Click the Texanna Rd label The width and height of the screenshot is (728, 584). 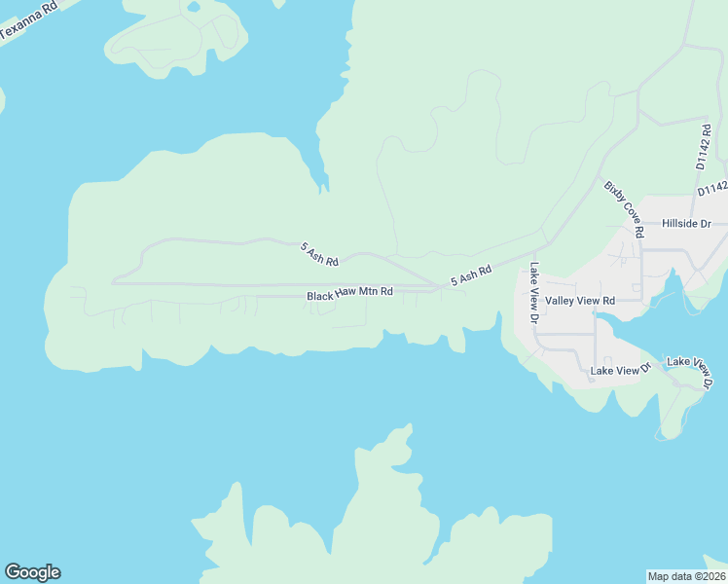point(27,20)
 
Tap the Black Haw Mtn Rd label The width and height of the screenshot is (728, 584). point(350,293)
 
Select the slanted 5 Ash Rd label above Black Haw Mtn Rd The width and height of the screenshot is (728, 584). point(318,254)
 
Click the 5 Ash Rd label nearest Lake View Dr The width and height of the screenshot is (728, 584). point(471,275)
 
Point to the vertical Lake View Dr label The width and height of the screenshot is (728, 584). point(534,293)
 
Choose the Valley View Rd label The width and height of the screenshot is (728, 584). point(580,301)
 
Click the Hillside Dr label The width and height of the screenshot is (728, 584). point(686,224)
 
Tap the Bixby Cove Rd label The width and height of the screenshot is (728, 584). point(624,209)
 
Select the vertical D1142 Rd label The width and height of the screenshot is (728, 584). point(706,147)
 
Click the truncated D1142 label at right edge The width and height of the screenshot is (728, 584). point(711,190)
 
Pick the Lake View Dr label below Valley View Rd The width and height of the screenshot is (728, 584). point(620,371)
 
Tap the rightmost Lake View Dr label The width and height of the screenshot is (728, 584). point(690,371)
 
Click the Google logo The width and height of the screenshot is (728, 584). point(32,572)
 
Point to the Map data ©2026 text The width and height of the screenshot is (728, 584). point(686,575)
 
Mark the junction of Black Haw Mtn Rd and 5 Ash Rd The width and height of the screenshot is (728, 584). point(436,288)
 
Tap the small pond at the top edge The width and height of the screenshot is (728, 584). point(194,6)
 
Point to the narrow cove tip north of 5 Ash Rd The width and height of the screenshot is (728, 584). point(324,185)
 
